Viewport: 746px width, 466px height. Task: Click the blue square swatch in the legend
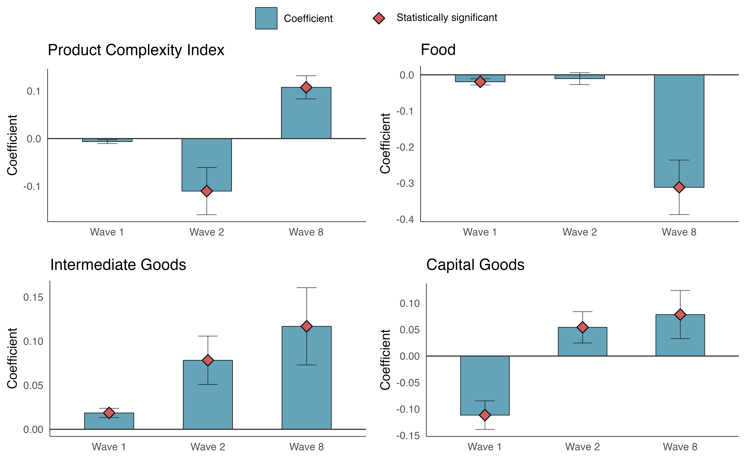click(266, 18)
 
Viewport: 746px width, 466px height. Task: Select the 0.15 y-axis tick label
click(33, 297)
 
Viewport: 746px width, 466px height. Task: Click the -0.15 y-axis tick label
click(408, 436)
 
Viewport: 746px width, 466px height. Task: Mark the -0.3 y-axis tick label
click(405, 183)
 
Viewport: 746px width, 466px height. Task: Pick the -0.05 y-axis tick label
click(408, 383)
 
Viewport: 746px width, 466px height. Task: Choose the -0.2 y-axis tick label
click(405, 147)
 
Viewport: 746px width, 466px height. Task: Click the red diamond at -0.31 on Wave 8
click(679, 187)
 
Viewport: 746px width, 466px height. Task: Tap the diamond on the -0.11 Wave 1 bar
click(485, 415)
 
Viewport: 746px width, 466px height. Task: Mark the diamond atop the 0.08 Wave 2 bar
click(208, 360)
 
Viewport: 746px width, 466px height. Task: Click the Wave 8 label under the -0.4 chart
click(679, 232)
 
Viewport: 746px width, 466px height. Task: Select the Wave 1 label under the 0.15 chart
click(109, 447)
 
